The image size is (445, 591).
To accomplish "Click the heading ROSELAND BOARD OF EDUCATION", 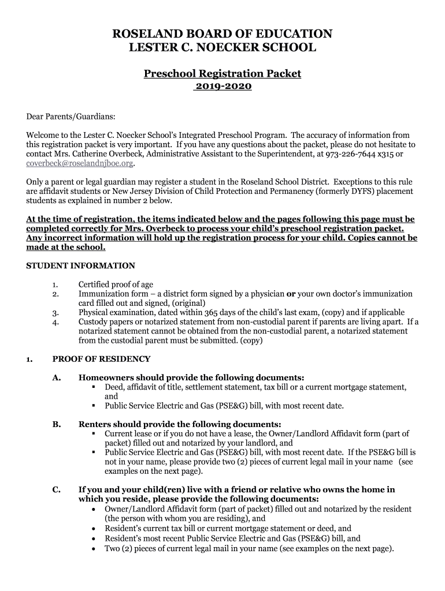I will click(222, 34).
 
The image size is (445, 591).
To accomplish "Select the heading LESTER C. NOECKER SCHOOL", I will click(222, 48).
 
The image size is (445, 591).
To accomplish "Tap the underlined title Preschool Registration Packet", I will click(222, 74).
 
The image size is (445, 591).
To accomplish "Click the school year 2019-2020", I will click(222, 87).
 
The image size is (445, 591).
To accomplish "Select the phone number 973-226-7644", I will click(342, 155).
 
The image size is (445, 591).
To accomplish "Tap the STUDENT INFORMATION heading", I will click(81, 266).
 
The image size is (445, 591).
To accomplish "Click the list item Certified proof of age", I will click(116, 285).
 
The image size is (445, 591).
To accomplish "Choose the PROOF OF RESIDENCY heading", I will click(101, 359).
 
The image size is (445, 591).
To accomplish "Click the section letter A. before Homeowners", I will click(57, 377).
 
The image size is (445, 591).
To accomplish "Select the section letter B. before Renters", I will click(57, 424).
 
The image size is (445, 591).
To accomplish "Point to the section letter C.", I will click(57, 489).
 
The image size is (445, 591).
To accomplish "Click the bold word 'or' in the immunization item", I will click(291, 294).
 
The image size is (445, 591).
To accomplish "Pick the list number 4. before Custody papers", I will click(55, 322).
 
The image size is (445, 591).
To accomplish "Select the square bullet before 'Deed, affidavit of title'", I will click(93, 387).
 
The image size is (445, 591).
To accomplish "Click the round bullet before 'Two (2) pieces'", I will click(94, 549).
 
